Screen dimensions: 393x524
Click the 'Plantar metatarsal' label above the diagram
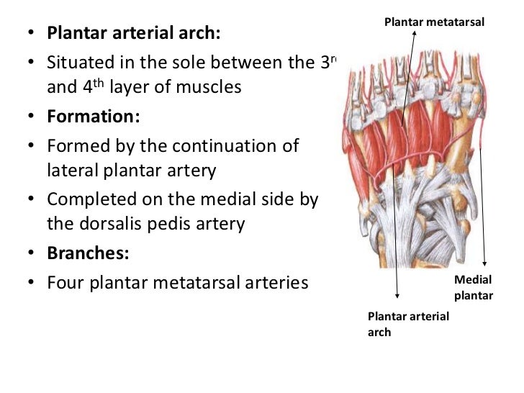tap(434, 23)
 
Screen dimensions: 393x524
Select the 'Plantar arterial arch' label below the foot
tap(408, 324)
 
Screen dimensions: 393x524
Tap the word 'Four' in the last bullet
tap(65, 281)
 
